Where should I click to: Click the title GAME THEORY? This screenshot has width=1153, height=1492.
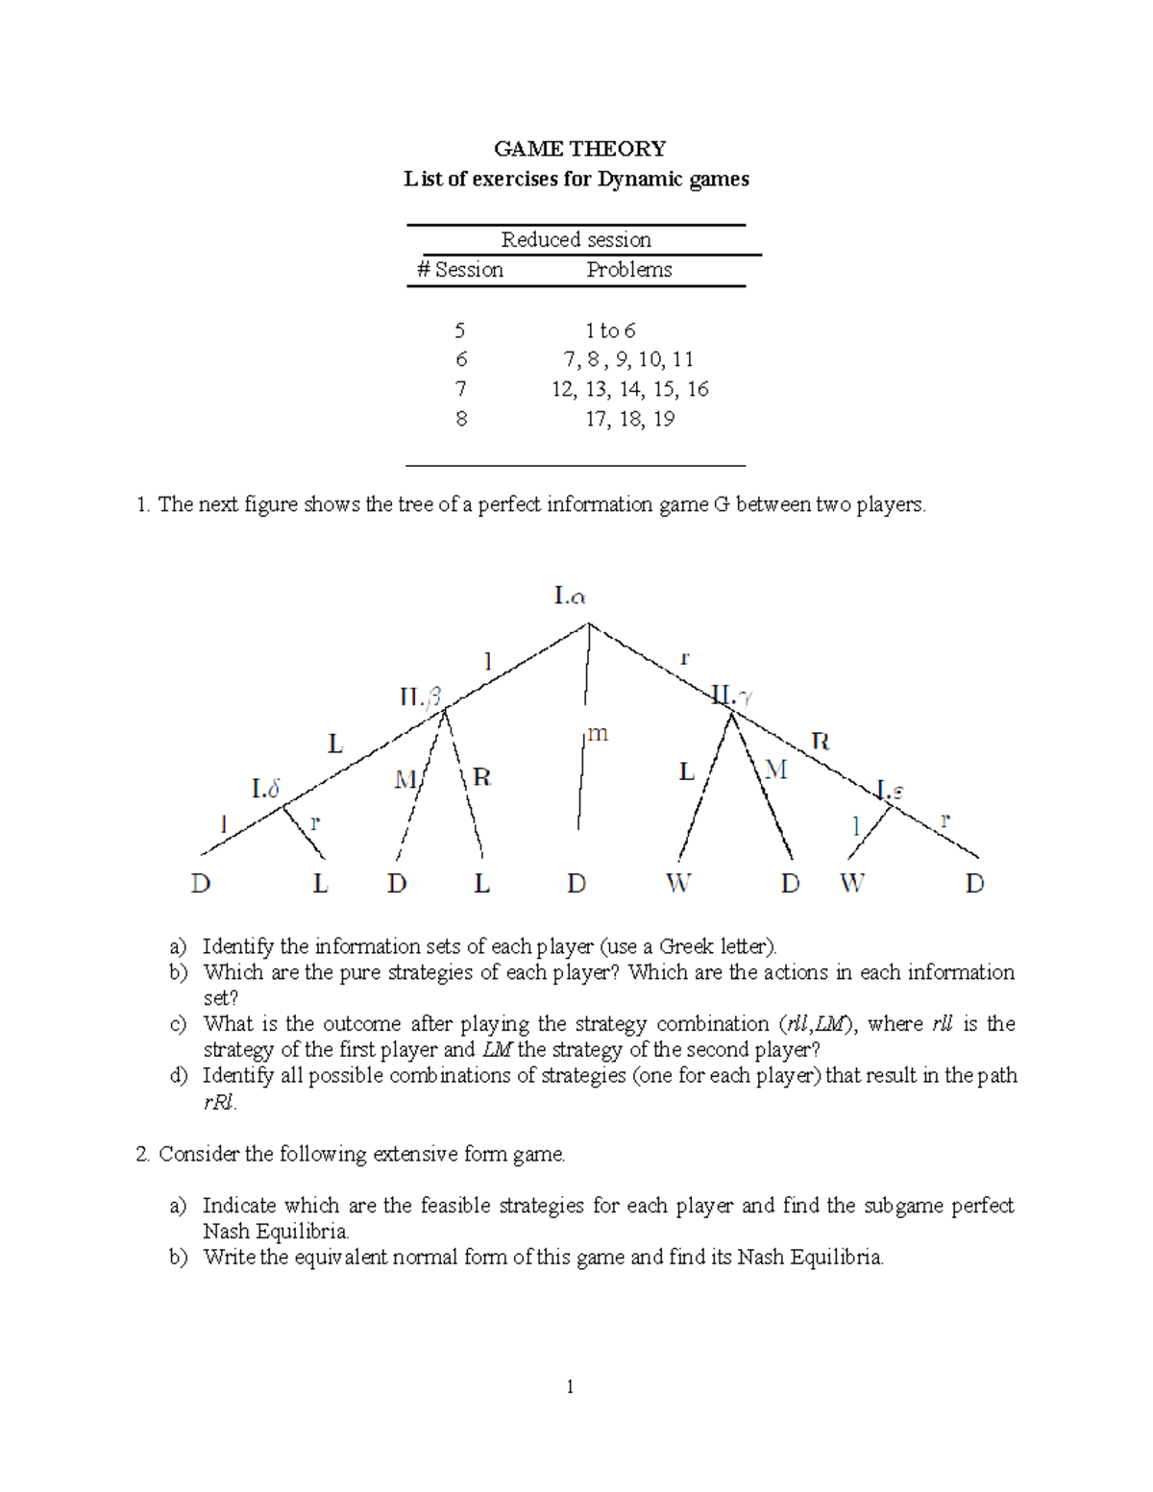(x=579, y=149)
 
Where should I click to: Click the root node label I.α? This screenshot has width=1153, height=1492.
(x=570, y=597)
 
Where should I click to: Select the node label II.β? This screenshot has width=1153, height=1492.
(x=421, y=697)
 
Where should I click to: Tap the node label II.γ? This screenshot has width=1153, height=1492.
(x=732, y=695)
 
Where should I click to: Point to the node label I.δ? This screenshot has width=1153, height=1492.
(x=266, y=789)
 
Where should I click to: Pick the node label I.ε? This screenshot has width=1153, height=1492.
(x=890, y=792)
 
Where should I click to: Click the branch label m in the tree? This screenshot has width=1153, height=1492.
(x=598, y=734)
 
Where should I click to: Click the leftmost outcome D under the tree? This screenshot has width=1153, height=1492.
(x=201, y=884)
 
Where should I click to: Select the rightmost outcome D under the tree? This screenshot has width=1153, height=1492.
(x=974, y=884)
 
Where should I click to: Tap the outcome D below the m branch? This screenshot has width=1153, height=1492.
(x=576, y=884)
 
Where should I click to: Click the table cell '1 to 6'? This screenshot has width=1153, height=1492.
(x=610, y=330)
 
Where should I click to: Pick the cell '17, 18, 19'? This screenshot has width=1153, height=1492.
(x=629, y=419)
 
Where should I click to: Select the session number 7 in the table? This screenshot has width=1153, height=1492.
(x=461, y=389)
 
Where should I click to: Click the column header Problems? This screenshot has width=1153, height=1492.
(x=629, y=270)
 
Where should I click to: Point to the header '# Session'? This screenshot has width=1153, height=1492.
(x=460, y=270)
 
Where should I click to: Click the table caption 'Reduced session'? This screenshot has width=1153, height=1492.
(x=576, y=240)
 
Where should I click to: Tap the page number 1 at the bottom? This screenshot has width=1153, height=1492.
(x=570, y=1386)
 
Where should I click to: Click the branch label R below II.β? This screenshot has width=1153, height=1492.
(x=481, y=777)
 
